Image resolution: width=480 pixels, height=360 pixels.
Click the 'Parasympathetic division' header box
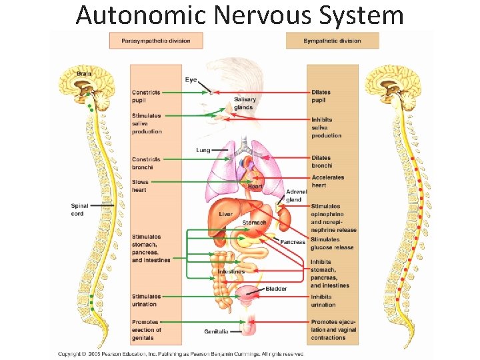point(156,41)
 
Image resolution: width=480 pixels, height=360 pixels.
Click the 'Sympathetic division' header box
point(332,41)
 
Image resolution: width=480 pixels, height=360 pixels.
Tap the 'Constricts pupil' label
point(146,96)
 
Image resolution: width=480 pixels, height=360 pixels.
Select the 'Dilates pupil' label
point(321,96)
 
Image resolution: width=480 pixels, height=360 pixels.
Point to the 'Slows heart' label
point(140,186)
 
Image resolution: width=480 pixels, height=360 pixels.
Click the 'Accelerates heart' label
point(328,181)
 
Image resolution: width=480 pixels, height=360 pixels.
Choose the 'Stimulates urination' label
point(146,300)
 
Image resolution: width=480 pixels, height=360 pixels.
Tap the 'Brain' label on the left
point(85,73)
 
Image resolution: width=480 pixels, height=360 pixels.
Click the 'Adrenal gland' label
point(294,195)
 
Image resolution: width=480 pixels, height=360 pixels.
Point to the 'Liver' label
point(225,214)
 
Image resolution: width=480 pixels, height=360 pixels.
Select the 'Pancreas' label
point(293,242)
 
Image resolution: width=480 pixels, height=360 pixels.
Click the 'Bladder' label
point(276,289)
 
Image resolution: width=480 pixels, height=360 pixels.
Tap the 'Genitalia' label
point(216,331)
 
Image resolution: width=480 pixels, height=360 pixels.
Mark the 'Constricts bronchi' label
point(146,163)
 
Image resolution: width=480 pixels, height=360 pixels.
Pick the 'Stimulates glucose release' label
point(331,243)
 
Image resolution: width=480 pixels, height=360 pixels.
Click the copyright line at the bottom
point(180,353)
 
